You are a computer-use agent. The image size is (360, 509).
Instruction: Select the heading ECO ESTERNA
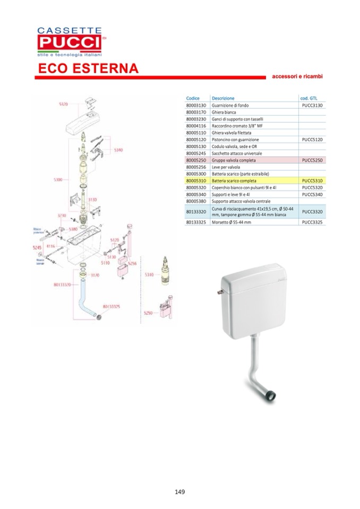[x=88, y=69]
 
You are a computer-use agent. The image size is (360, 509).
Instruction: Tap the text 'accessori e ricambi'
[x=297, y=76]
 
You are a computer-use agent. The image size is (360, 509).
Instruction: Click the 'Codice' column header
[x=193, y=98]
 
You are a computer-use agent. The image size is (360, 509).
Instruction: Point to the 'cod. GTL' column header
[x=309, y=98]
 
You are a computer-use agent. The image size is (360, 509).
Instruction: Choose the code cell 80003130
[x=196, y=106]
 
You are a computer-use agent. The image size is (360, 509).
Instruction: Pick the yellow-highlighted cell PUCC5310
[x=312, y=180]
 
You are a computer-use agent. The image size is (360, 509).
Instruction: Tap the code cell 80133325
[x=196, y=223]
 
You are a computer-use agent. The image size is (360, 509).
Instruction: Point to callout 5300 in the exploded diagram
[x=58, y=180]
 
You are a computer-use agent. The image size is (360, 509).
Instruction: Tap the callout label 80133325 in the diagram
[x=110, y=306]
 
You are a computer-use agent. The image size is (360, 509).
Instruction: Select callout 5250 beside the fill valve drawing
[x=148, y=313]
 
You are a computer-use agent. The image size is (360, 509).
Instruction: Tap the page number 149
[x=179, y=491]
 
